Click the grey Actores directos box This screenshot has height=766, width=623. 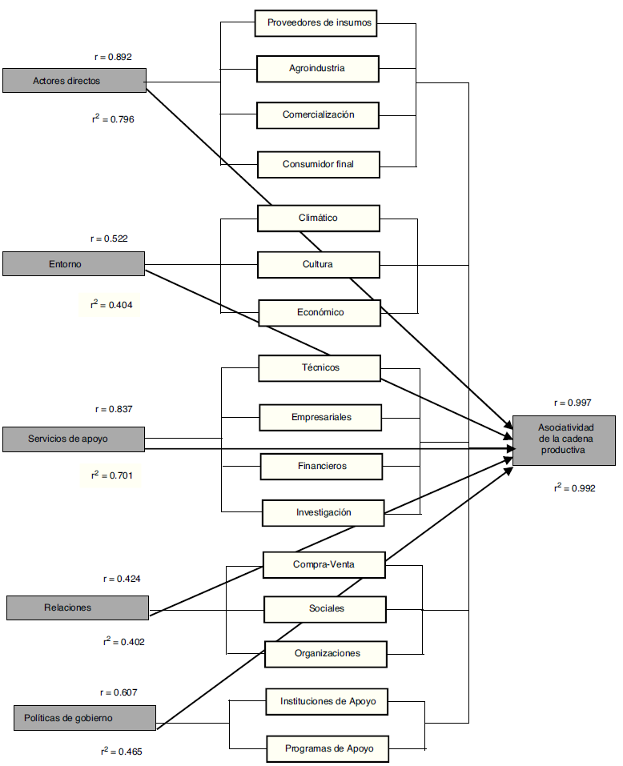[x=74, y=81]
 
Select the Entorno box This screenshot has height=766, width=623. [x=73, y=263]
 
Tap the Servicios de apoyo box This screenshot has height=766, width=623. [x=73, y=439]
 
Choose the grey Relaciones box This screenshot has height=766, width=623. [x=77, y=608]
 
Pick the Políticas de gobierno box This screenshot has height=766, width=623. [x=85, y=718]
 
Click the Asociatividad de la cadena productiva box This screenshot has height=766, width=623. [x=564, y=440]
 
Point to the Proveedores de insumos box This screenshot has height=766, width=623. [x=318, y=22]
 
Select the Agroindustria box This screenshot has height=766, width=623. [x=317, y=68]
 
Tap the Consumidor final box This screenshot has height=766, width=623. [x=318, y=164]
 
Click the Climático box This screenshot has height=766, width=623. [x=318, y=218]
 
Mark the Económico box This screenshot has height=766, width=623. [x=318, y=312]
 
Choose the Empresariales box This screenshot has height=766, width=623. [x=320, y=417]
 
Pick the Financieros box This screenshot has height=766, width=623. [x=320, y=465]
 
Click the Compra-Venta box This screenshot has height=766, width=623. [x=324, y=564]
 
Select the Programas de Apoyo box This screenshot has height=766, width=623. [x=327, y=749]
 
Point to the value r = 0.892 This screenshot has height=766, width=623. [x=112, y=57]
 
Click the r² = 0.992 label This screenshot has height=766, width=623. [x=574, y=487]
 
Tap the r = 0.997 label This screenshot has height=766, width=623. [x=573, y=403]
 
